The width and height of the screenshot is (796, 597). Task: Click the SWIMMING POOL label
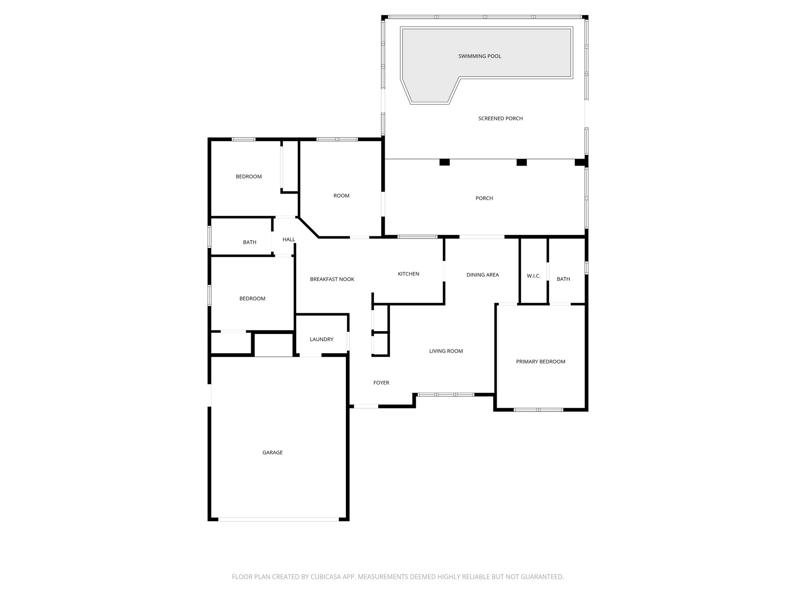click(480, 56)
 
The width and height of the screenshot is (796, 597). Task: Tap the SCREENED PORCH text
click(500, 119)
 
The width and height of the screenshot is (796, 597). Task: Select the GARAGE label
click(272, 452)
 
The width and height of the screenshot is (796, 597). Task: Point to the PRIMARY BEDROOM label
click(540, 362)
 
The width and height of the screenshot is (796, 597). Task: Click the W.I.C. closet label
click(534, 276)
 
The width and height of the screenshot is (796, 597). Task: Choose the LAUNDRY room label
click(321, 339)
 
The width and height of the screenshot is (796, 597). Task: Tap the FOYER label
click(381, 383)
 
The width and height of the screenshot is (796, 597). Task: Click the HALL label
click(289, 239)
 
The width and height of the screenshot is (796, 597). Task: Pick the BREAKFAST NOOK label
click(332, 279)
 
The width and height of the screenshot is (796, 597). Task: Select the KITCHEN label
click(408, 274)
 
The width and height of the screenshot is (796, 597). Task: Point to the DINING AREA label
click(482, 275)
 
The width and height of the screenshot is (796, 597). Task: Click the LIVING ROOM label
click(446, 351)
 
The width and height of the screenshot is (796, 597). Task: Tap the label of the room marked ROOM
click(341, 196)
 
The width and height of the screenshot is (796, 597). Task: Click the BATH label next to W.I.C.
click(563, 279)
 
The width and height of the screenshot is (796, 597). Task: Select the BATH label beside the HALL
click(250, 243)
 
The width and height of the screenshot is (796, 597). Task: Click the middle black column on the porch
click(521, 162)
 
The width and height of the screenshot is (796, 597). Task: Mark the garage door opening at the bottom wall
click(278, 519)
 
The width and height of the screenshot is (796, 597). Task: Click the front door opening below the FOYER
click(366, 407)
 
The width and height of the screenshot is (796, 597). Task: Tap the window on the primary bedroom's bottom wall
click(538, 410)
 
